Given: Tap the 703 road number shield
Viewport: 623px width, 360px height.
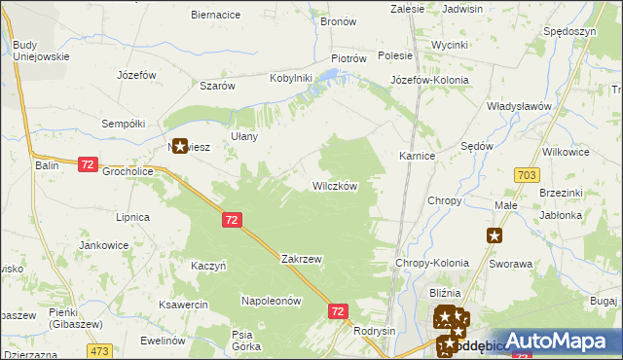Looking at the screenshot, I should (528, 174).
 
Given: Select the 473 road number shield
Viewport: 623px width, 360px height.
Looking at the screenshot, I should (98, 349).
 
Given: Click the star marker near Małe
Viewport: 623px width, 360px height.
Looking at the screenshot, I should (495, 234).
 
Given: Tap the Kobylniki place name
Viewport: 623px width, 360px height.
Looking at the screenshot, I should (290, 78).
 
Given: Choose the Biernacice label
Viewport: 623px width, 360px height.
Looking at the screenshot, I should (216, 15).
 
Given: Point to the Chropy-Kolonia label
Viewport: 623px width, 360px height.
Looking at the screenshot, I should (432, 263).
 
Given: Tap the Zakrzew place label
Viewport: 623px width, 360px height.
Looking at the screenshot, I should (301, 260).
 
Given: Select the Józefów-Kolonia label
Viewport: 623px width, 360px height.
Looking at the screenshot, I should (429, 79).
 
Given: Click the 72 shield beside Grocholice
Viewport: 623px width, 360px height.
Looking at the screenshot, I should (88, 165).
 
